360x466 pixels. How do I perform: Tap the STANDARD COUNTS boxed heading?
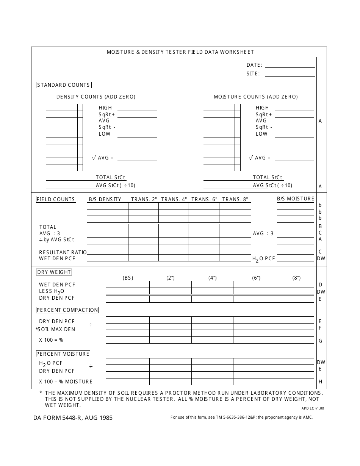64,85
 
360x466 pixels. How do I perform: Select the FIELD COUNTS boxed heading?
56,199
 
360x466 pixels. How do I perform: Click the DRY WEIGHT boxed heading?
54,272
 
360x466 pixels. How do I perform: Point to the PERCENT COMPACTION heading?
67,310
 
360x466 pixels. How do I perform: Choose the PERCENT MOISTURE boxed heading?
63,354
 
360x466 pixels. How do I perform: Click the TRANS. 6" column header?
204,199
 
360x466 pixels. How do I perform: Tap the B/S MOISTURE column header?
296,199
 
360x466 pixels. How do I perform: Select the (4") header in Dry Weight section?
213,278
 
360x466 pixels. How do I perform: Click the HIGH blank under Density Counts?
137,108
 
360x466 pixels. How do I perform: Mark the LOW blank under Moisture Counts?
294,134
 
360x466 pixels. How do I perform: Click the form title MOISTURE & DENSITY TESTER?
180,52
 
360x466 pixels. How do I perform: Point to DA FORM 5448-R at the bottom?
72,418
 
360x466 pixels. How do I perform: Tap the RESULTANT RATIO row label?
63,252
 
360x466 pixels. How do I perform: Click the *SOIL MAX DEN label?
56,329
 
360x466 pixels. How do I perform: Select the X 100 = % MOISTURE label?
66,382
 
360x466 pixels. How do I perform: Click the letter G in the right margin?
320,341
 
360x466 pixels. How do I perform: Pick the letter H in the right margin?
320,382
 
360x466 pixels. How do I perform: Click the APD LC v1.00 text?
313,409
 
